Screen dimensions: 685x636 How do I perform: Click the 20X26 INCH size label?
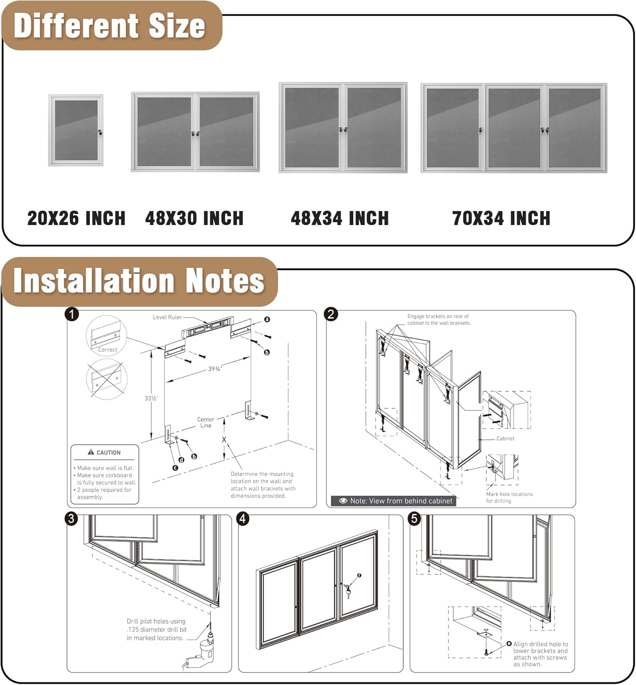[76, 218]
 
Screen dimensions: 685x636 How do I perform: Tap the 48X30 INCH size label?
[194, 218]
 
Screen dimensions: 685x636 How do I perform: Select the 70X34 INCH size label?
[501, 218]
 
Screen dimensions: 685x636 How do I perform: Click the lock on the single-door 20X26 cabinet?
[100, 132]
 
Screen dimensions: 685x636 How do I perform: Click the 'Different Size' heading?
[110, 26]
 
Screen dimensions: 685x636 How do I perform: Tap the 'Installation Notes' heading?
[139, 280]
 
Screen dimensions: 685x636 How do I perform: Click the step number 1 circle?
[72, 314]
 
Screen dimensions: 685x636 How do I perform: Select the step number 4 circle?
[243, 519]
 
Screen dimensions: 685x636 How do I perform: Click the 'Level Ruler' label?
[167, 317]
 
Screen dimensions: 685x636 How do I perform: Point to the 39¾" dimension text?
[215, 369]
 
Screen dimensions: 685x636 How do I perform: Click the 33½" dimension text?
[152, 398]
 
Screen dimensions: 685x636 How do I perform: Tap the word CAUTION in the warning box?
[108, 453]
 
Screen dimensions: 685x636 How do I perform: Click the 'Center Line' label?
[205, 422]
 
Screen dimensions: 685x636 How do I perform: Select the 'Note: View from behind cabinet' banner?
[395, 501]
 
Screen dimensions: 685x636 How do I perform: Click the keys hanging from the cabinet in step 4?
[348, 592]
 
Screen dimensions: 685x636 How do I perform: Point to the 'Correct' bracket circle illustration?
[106, 336]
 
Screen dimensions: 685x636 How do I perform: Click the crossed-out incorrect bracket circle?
[106, 379]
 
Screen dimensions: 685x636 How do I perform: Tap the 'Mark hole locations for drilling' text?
[509, 497]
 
